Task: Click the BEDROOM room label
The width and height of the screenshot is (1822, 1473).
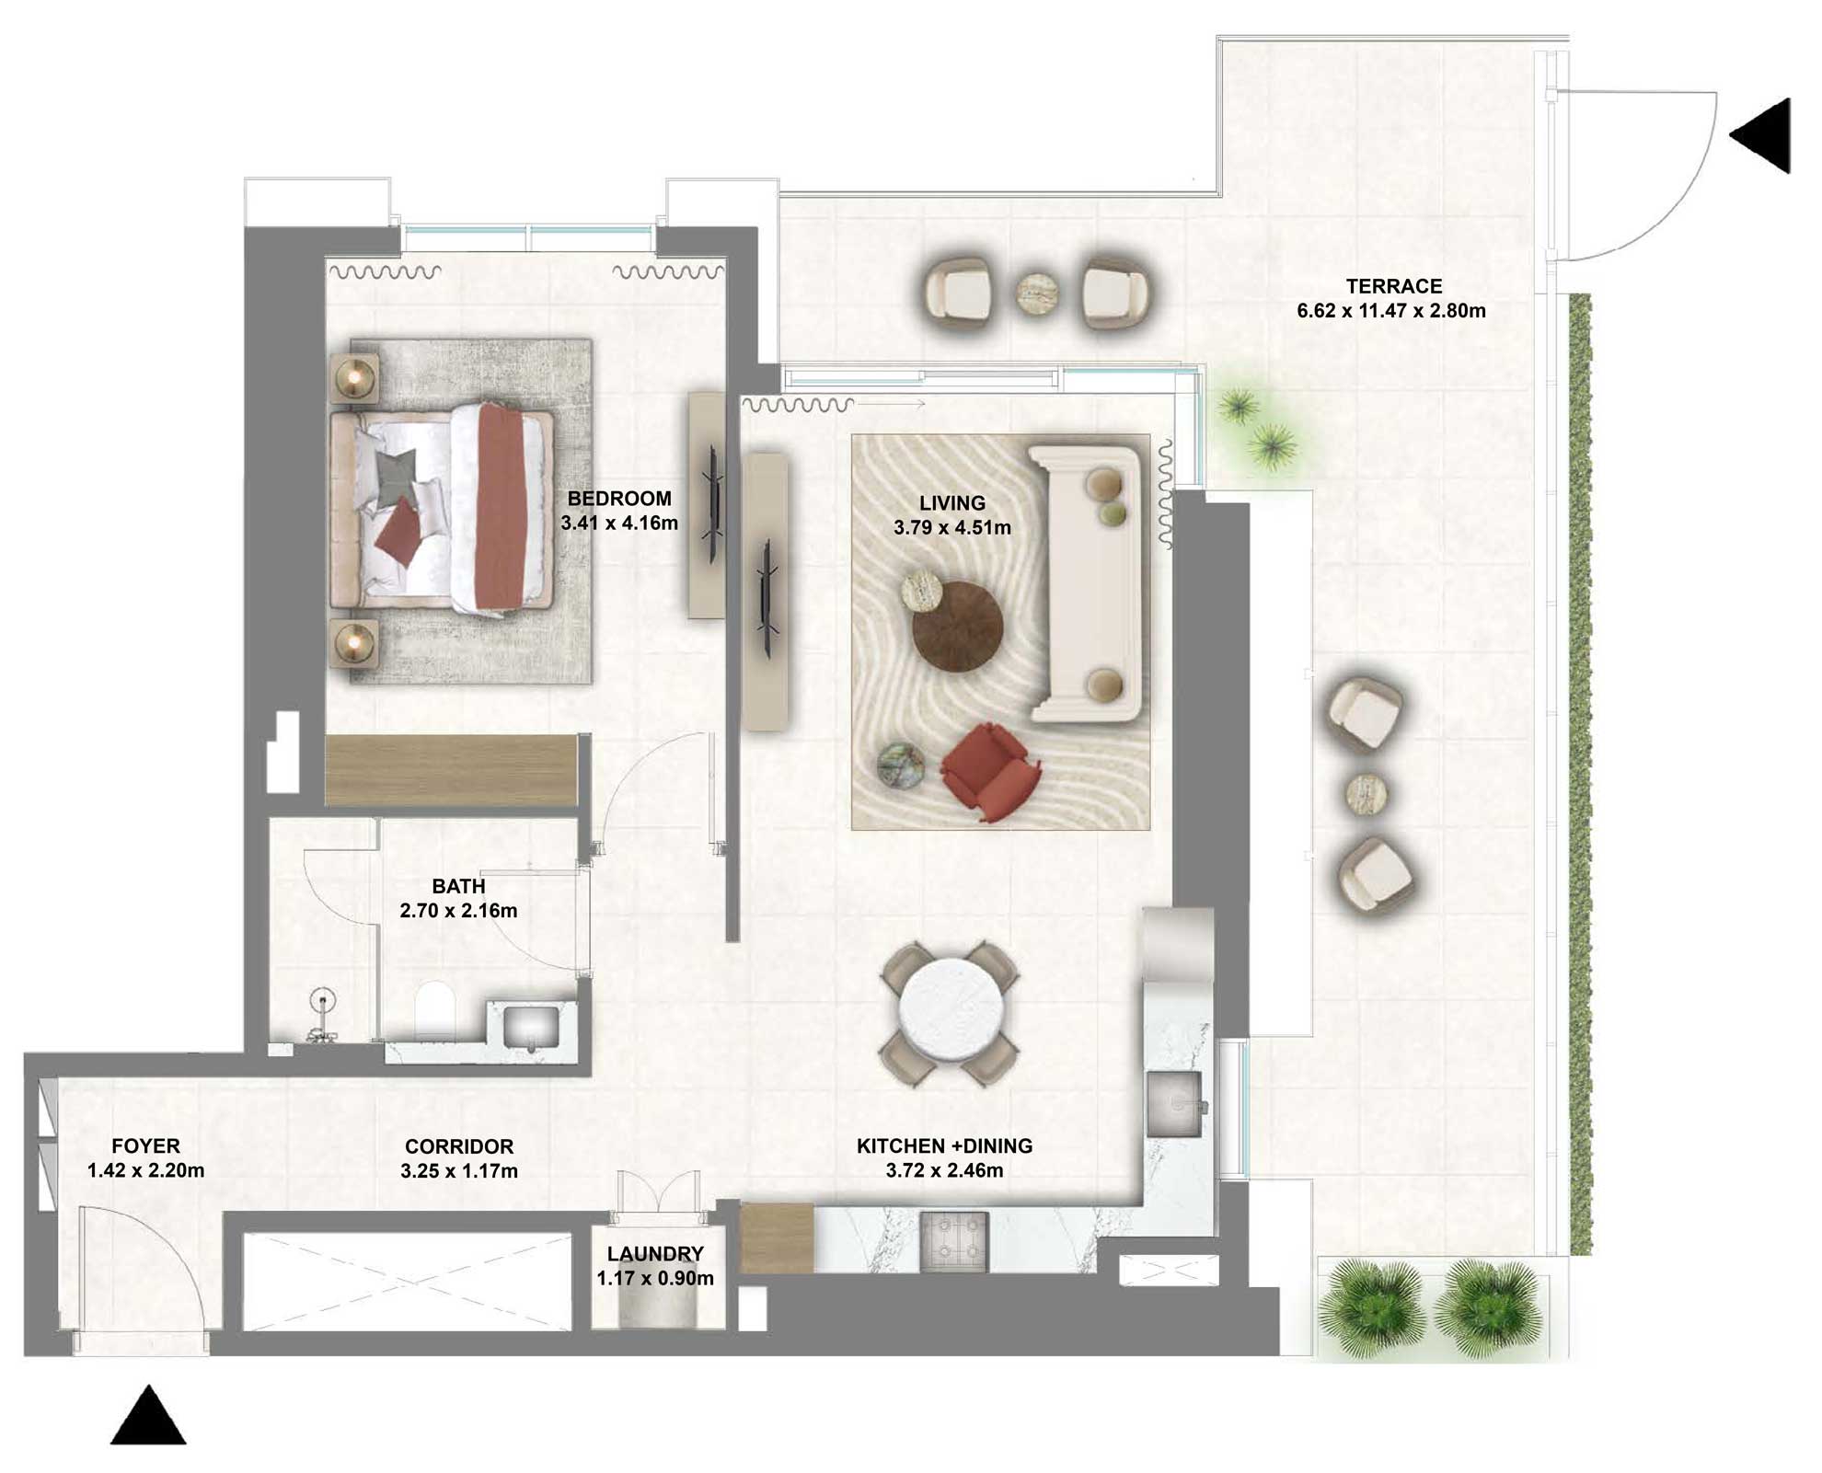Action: (x=618, y=499)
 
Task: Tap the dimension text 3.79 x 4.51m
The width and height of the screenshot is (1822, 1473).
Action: (x=951, y=528)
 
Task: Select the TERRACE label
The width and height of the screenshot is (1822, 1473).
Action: (x=1393, y=286)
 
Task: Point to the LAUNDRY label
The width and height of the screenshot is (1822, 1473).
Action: (x=654, y=1253)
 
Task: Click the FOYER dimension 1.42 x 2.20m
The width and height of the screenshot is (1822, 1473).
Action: (x=145, y=1170)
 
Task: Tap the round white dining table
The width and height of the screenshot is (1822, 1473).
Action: (x=949, y=1011)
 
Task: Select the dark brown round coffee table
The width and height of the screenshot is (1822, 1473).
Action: (x=957, y=627)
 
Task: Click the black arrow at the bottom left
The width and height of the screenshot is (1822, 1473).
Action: (x=148, y=1417)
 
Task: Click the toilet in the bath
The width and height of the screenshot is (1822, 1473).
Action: (x=434, y=1008)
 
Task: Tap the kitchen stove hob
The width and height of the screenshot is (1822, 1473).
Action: (x=953, y=1240)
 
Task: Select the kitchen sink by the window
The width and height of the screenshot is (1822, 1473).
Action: (x=1174, y=1102)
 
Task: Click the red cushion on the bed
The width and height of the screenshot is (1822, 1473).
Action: (x=398, y=532)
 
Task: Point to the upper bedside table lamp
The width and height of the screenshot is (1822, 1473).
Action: (x=354, y=376)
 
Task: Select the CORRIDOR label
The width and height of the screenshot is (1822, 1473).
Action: (x=458, y=1146)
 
